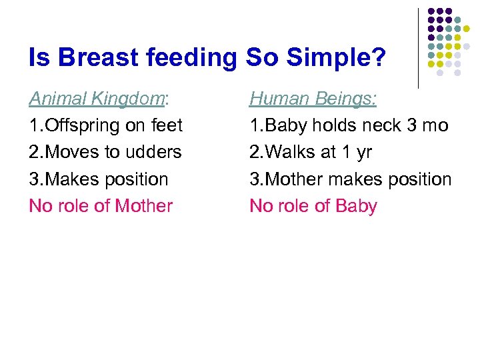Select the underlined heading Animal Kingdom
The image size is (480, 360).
[97, 99]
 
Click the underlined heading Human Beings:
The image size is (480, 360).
[313, 99]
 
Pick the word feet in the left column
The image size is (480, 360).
[167, 125]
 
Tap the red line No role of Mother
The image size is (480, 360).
[101, 206]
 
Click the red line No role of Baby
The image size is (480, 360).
[313, 206]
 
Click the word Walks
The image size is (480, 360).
[290, 152]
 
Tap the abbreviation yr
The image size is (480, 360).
[363, 152]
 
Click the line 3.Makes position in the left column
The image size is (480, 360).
[99, 179]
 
